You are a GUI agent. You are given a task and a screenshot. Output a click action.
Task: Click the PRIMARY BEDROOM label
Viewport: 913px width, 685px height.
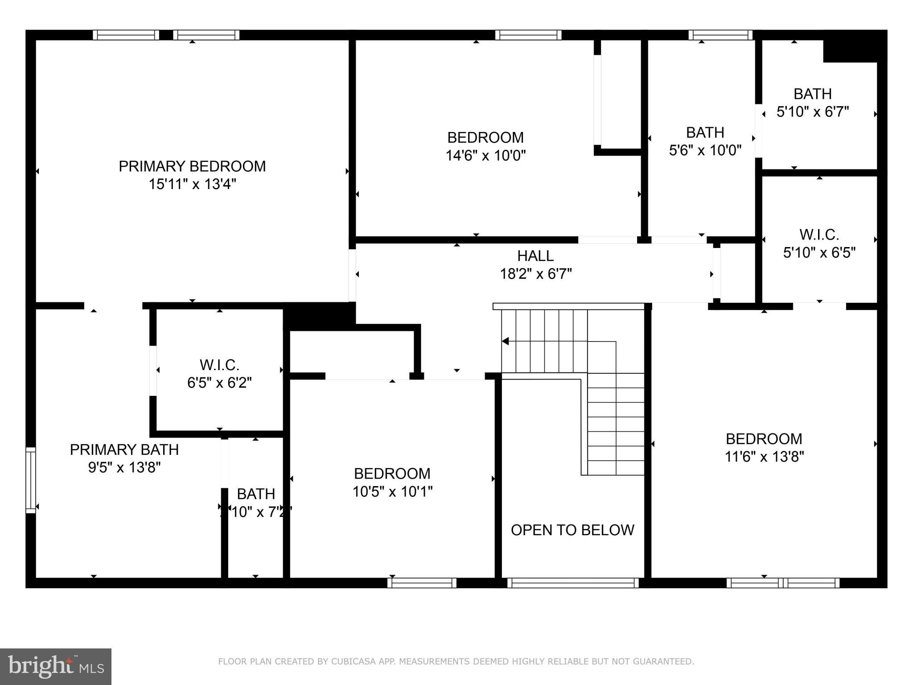192,166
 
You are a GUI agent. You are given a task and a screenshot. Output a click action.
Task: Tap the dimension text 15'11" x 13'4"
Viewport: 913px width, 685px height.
192,184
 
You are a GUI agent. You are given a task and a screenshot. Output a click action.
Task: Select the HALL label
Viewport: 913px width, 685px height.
535,256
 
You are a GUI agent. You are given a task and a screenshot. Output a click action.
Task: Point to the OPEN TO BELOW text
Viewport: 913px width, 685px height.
572,530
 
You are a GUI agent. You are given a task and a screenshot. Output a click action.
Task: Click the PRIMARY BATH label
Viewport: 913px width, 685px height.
124,450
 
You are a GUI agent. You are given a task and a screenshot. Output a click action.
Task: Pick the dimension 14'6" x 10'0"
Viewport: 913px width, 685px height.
485,156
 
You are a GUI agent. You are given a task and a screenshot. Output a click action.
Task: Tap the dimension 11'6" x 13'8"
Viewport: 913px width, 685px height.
764,457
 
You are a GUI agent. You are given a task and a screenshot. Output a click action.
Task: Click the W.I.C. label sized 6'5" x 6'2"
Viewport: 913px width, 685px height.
219,365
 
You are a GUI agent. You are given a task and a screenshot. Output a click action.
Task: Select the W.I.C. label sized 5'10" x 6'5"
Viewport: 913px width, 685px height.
819,235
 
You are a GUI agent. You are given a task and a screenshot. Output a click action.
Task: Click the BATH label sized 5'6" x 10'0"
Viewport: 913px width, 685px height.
705,132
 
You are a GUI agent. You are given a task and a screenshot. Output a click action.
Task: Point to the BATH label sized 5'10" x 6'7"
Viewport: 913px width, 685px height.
813,94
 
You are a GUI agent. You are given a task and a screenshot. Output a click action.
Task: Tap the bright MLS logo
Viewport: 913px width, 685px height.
56,666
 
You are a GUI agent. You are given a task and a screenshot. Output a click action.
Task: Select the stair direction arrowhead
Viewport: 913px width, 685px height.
505,341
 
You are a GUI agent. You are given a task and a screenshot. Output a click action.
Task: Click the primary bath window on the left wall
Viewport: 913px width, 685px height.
30,480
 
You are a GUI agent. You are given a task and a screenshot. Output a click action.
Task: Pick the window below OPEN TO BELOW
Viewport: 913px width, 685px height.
573,583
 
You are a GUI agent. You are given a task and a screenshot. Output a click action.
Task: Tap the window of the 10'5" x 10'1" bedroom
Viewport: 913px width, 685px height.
422,583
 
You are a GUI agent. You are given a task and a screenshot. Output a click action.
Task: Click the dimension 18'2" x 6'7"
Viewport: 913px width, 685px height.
535,274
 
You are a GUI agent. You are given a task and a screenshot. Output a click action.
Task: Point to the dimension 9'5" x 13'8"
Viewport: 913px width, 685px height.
124,467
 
